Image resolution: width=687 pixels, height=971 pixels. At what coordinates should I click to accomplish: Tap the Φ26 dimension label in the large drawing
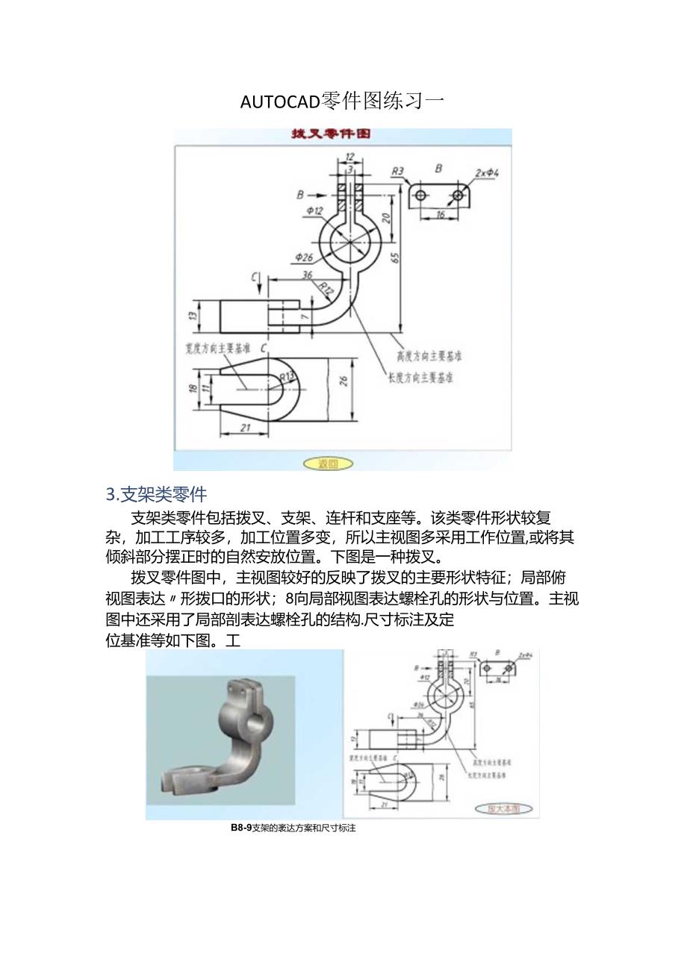click(304, 257)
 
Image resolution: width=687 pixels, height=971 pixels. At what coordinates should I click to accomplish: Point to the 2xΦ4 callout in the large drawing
click(486, 173)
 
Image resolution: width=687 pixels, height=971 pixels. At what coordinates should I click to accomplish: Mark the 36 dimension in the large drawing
click(306, 274)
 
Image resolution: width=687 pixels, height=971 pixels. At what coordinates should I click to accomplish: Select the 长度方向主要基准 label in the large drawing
click(420, 378)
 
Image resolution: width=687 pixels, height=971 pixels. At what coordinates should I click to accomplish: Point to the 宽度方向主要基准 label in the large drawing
click(217, 348)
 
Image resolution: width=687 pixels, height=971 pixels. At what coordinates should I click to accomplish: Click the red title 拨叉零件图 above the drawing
click(330, 134)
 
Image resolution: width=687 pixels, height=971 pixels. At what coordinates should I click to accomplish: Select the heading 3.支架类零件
click(156, 493)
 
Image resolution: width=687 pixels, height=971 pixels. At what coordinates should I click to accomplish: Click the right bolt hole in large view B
click(458, 195)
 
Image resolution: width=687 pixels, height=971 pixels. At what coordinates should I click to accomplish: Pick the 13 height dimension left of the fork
click(193, 316)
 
